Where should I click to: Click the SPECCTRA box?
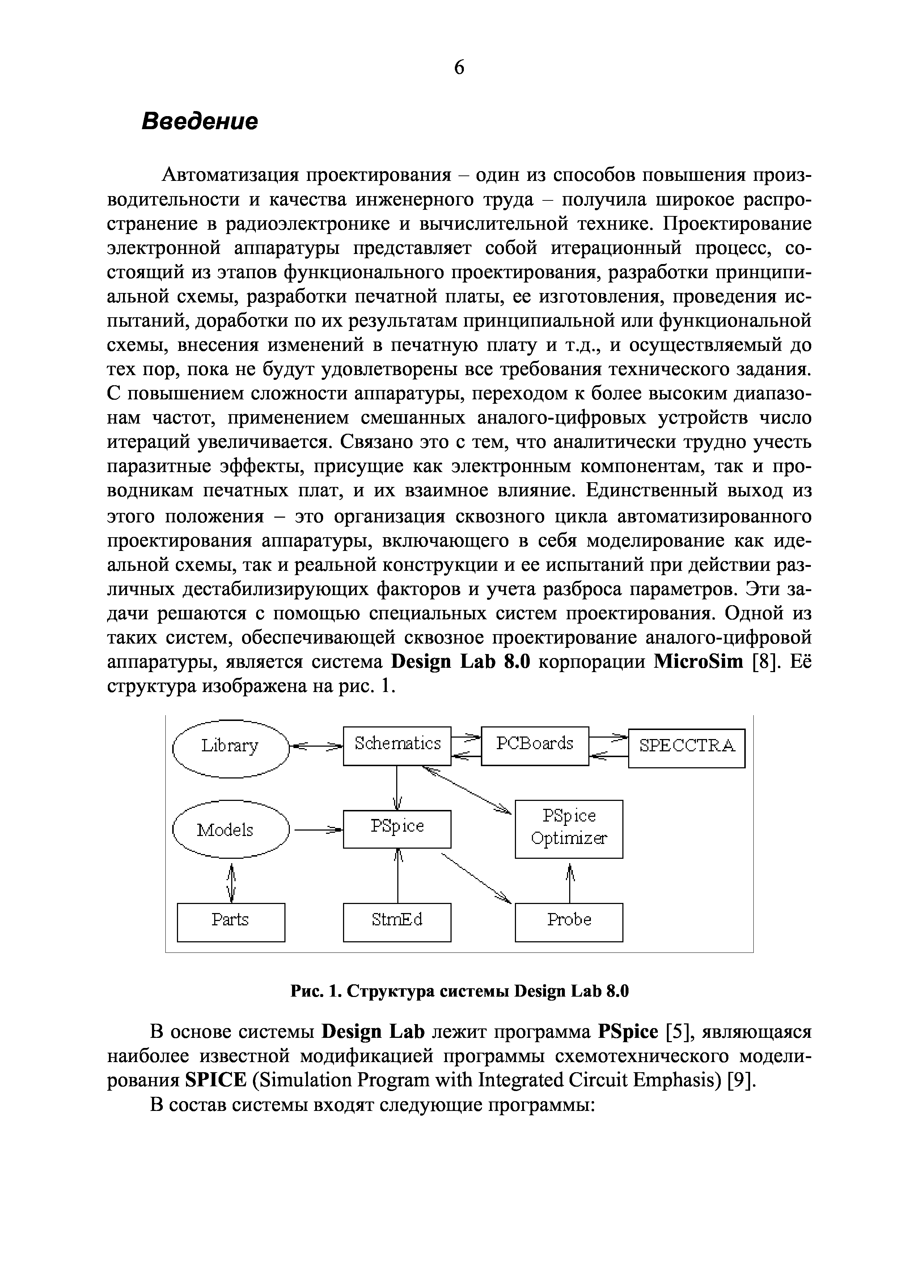[686, 748]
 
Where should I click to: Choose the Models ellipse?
[230, 830]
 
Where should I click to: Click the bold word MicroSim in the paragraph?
[699, 662]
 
